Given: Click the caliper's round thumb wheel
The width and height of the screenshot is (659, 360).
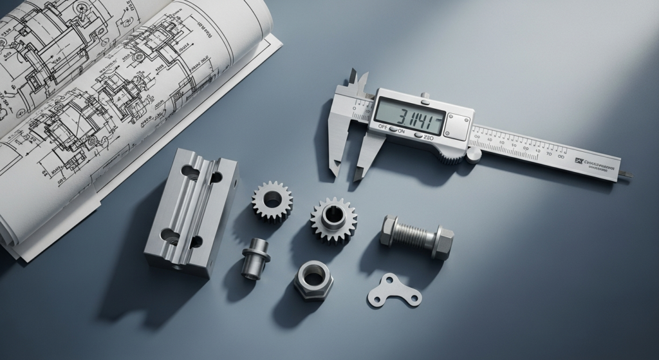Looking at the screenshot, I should [x=474, y=154].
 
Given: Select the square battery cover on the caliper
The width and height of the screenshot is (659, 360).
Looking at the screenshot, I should [x=458, y=126].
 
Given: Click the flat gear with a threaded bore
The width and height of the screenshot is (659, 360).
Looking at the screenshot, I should [x=272, y=200].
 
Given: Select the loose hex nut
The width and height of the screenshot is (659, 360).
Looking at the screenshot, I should [x=313, y=279].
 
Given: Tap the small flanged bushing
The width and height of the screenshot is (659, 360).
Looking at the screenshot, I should [x=255, y=257].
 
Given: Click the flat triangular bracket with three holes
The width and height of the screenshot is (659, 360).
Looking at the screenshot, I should [x=394, y=292].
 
